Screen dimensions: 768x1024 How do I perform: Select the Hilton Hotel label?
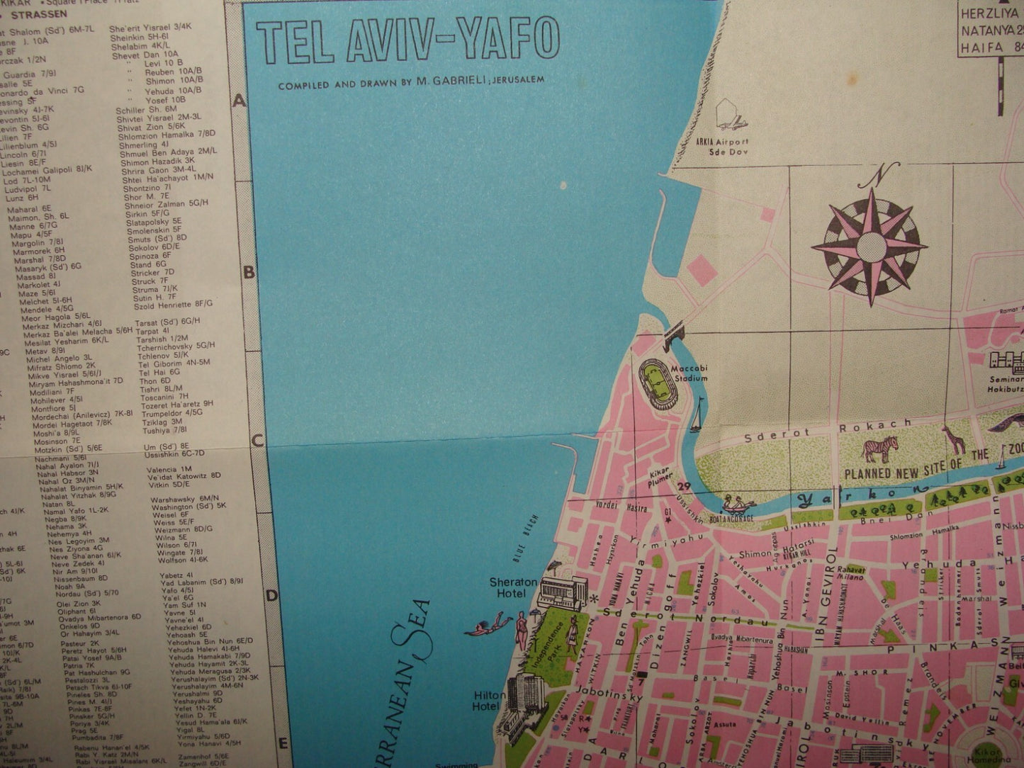pyautogui.click(x=489, y=700)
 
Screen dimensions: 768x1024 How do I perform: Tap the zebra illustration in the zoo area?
pyautogui.click(x=879, y=449)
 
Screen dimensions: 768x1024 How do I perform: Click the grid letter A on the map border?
pyautogui.click(x=240, y=101)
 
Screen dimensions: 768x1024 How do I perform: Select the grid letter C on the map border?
pyautogui.click(x=257, y=440)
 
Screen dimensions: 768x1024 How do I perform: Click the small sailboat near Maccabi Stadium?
pyautogui.click(x=698, y=414)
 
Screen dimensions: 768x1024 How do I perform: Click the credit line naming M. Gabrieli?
pyautogui.click(x=411, y=82)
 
